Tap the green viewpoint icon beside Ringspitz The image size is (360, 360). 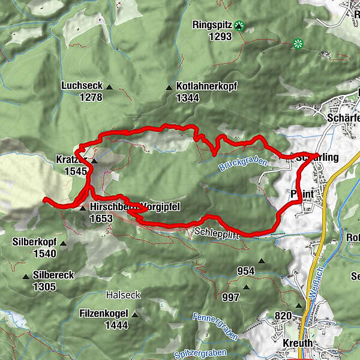[x=240, y=25]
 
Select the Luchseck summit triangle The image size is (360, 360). [x=109, y=87]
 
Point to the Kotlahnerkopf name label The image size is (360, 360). [x=207, y=86]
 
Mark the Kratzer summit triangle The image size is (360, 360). [x=94, y=160]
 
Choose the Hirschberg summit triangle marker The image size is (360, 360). [x=83, y=208]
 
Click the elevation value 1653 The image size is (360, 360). [x=101, y=219]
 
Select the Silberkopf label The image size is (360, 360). [x=34, y=242]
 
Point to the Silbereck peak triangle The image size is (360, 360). [x=26, y=277]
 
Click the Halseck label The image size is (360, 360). [x=123, y=295]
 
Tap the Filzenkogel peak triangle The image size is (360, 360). [x=135, y=314]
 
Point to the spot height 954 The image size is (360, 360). [x=246, y=271]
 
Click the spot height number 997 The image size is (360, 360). [x=230, y=296]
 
